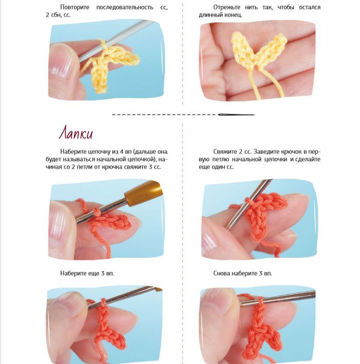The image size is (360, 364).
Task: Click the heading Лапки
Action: tap(76, 133)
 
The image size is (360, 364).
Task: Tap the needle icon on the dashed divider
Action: tap(237, 115)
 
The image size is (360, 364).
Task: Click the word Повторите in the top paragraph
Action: tap(75, 7)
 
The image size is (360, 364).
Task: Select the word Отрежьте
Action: tap(227, 7)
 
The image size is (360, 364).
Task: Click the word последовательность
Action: tap(124, 7)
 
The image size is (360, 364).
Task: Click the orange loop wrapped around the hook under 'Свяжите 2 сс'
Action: tap(248, 201)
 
